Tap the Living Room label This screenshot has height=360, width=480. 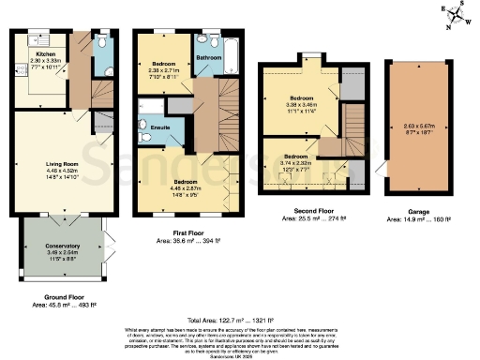click(x=62, y=163)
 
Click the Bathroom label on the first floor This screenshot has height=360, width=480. click(x=209, y=58)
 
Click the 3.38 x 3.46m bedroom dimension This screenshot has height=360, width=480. click(x=301, y=105)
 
